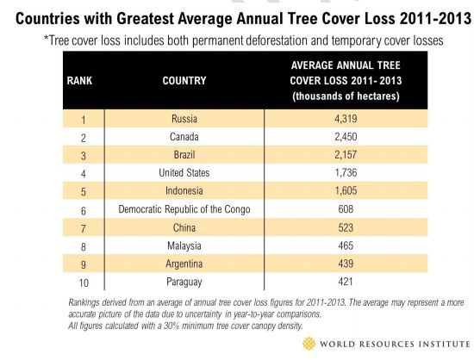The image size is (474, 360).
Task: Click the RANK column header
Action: (79, 81)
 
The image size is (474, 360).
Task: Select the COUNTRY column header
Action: (184, 81)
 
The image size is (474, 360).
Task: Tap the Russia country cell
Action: (184, 119)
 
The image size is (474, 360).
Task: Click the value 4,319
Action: (352, 119)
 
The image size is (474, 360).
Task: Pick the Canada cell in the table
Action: (184, 137)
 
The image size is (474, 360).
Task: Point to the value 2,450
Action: (352, 137)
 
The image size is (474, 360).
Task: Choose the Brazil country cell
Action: (184, 155)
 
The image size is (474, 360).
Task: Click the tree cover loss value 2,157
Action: (352, 155)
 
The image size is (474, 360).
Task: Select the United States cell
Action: (184, 173)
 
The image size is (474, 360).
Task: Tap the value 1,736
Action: (352, 173)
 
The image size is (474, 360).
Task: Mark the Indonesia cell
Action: (184, 191)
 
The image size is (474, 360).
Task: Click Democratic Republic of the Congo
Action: (184, 209)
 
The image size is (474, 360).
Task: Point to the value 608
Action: (352, 209)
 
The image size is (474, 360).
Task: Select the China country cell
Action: (184, 227)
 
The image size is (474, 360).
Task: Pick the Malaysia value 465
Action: (352, 245)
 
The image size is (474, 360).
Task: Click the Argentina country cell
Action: (184, 264)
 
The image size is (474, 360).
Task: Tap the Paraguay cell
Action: (184, 282)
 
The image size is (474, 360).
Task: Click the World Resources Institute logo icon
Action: (309, 344)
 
